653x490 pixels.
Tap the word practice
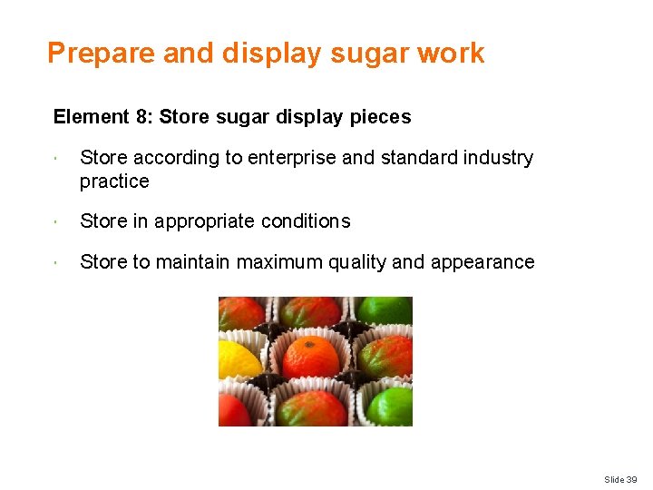tap(114, 181)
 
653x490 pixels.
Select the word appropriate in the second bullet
tap(204, 221)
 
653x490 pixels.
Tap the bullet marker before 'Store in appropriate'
tap(56, 221)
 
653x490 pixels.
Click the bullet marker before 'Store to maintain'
tap(56, 262)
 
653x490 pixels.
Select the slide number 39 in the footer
tap(631, 479)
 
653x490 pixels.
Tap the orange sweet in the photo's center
tap(310, 358)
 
